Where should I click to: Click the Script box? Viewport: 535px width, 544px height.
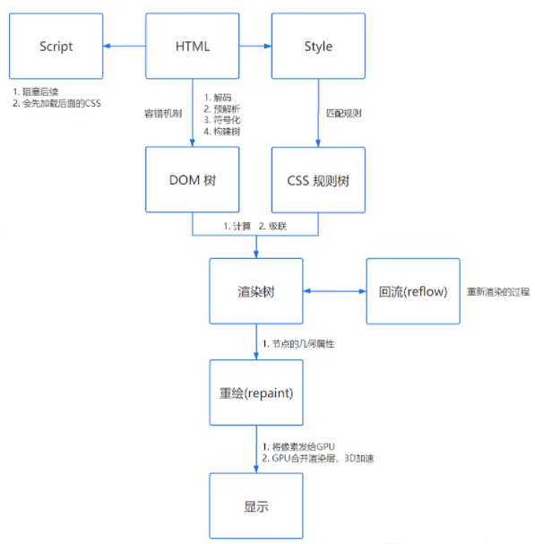56,46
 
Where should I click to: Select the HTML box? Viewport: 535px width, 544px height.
193,46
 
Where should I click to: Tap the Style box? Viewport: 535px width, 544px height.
318,46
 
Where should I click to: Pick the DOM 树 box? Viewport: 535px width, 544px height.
193,179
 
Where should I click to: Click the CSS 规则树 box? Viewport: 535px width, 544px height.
318,179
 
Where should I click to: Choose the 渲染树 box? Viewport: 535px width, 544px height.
255,291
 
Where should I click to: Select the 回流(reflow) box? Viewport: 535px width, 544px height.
412,291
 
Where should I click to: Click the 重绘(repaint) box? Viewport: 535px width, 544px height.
255,393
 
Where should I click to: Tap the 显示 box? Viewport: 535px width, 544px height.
255,506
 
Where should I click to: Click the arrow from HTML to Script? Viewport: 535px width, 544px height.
125,46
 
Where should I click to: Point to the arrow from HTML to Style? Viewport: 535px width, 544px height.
255,46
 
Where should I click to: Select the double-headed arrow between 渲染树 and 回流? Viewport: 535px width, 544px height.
334,291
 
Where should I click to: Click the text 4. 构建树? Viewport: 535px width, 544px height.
220,131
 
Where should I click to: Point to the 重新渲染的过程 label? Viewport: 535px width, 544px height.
498,292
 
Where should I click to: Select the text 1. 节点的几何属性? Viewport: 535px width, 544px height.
297,344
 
